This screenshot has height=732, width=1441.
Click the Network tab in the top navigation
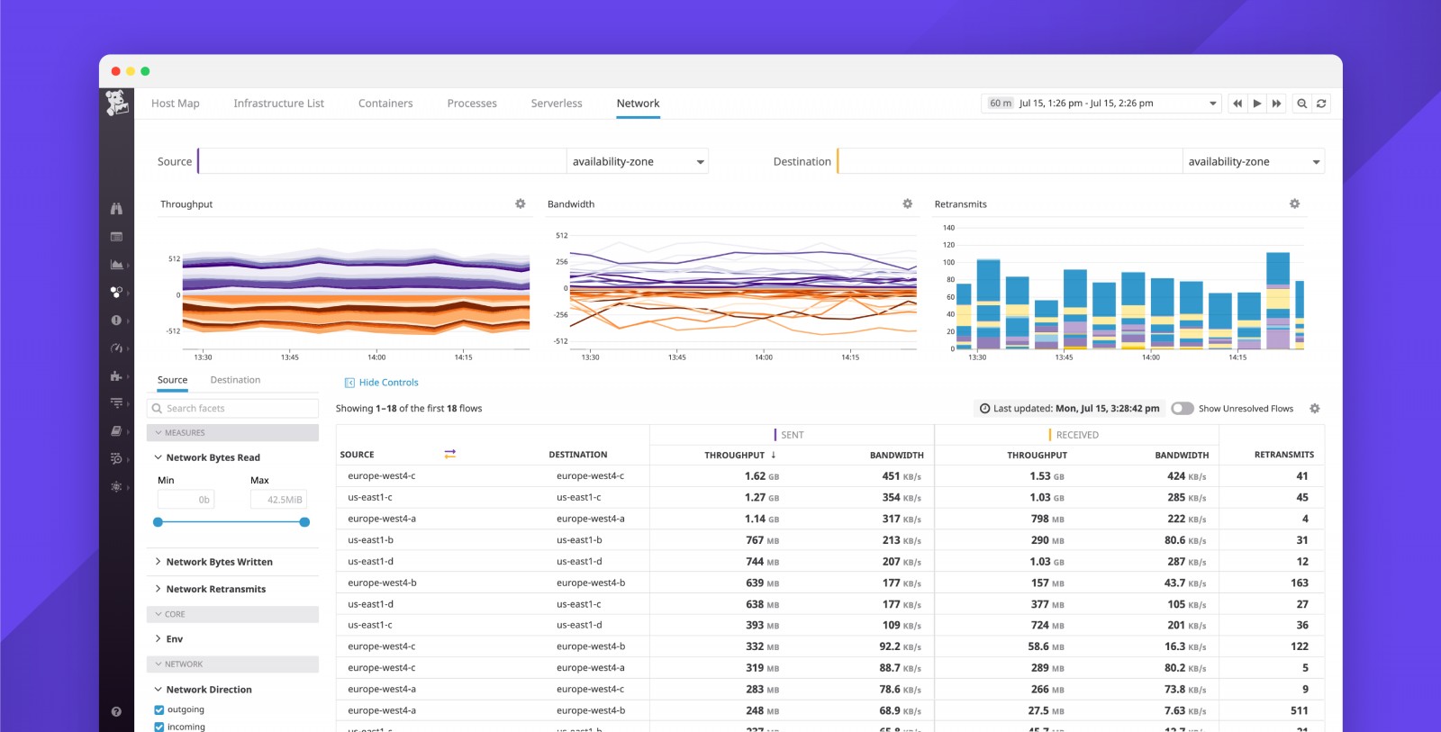tap(638, 104)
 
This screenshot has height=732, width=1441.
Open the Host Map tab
tap(176, 104)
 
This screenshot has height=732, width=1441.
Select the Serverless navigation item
tap(557, 104)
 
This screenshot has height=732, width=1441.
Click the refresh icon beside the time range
tap(1321, 104)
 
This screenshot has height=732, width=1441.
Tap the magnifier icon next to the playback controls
tap(1301, 104)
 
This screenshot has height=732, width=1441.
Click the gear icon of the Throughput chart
tap(521, 204)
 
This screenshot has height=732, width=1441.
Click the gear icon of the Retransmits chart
tap(1294, 204)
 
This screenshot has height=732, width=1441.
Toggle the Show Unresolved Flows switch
tap(1182, 409)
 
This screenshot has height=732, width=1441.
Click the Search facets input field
tap(234, 409)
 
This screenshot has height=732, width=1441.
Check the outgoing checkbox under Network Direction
tap(159, 709)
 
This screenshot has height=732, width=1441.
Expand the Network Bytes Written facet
tap(219, 562)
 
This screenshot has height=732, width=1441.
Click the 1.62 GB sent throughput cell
tap(761, 476)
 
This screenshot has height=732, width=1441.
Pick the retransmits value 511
tap(1299, 710)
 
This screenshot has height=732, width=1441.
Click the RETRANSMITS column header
tap(1283, 455)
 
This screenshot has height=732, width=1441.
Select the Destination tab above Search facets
tap(235, 380)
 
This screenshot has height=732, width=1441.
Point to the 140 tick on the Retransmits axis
tap(948, 228)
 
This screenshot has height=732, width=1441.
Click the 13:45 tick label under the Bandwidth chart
tap(676, 357)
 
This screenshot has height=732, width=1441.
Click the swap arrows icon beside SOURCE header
tap(449, 454)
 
